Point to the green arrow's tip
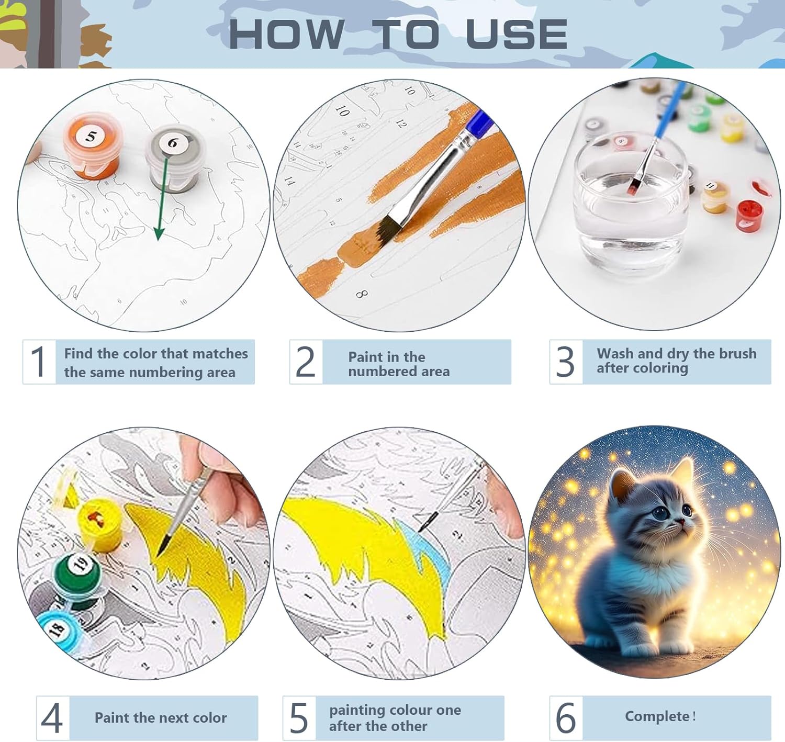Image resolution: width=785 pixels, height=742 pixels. (x=159, y=240)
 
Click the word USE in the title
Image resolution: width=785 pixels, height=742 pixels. (x=517, y=35)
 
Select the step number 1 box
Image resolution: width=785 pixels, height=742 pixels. (x=39, y=362)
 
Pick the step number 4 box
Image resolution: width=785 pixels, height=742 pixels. (x=53, y=718)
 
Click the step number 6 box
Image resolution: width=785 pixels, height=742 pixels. (x=566, y=718)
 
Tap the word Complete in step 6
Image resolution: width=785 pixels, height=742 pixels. (x=657, y=716)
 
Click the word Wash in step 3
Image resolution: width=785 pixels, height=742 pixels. (x=614, y=353)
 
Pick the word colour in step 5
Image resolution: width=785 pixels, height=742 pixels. (x=405, y=710)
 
